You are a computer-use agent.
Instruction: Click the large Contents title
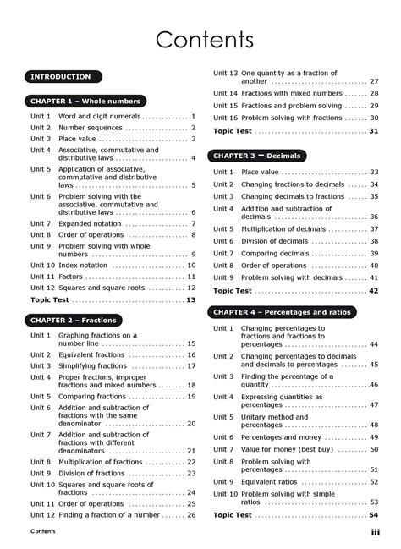pyautogui.click(x=200, y=40)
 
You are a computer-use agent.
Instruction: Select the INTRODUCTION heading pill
pyautogui.click(x=60, y=76)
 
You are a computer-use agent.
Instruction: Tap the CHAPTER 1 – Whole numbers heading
pyautogui.click(x=85, y=101)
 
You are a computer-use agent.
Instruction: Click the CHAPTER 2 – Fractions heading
pyautogui.click(x=74, y=320)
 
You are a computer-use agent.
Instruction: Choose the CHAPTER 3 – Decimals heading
pyautogui.click(x=257, y=156)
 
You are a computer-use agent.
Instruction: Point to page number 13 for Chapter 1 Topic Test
pyautogui.click(x=191, y=299)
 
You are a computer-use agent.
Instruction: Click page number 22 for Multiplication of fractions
pyautogui.click(x=191, y=462)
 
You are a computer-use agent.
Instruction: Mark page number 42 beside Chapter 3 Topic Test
pyautogui.click(x=373, y=290)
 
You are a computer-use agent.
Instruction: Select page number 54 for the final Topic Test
pyautogui.click(x=373, y=514)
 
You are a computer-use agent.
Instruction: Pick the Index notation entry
pyautogui.click(x=83, y=265)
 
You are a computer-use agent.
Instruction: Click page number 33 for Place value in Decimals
pyautogui.click(x=373, y=172)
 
